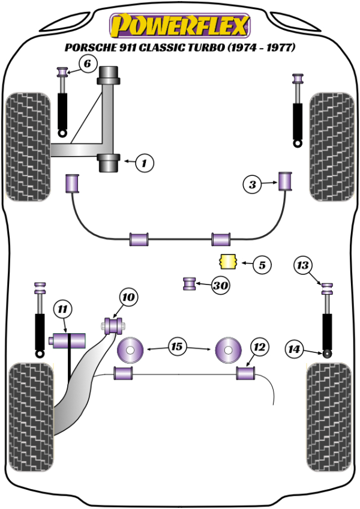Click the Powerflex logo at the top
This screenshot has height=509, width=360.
[179, 26]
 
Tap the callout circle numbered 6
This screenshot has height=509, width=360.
[87, 64]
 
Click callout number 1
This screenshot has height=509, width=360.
[145, 162]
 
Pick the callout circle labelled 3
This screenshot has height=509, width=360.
[253, 185]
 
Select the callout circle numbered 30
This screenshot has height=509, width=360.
[221, 286]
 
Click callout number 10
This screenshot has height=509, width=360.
[128, 297]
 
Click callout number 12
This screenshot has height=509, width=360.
[259, 347]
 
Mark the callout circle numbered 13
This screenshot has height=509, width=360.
[304, 265]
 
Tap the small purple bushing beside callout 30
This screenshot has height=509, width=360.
[190, 283]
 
